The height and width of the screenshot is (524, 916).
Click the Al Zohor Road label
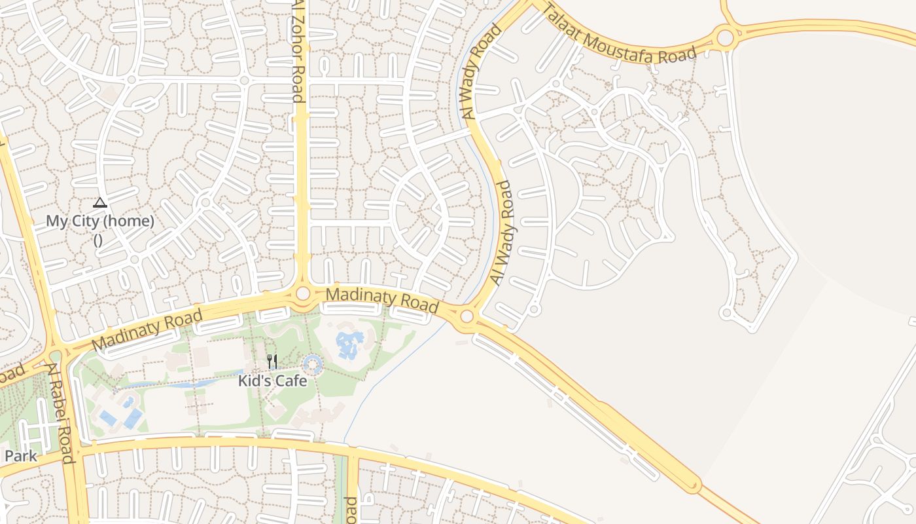pos(298,51)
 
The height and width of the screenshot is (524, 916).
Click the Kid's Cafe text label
pos(272,381)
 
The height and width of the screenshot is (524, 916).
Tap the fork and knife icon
pos(272,362)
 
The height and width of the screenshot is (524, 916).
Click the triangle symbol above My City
pos(99,202)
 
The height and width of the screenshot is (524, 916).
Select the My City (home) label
pos(100,221)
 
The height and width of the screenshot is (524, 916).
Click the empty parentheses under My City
pos(98,240)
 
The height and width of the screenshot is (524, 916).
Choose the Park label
pos(21,456)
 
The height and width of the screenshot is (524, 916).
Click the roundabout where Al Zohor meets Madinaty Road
pos(303,293)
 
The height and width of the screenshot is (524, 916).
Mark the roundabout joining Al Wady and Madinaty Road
pos(467,317)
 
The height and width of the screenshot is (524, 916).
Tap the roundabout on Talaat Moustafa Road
pos(725,37)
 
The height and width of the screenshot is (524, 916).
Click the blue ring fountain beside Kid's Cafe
pos(313,364)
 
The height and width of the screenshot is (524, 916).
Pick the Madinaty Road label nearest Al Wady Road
pos(381,299)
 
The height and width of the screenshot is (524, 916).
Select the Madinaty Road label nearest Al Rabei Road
pos(147,331)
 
